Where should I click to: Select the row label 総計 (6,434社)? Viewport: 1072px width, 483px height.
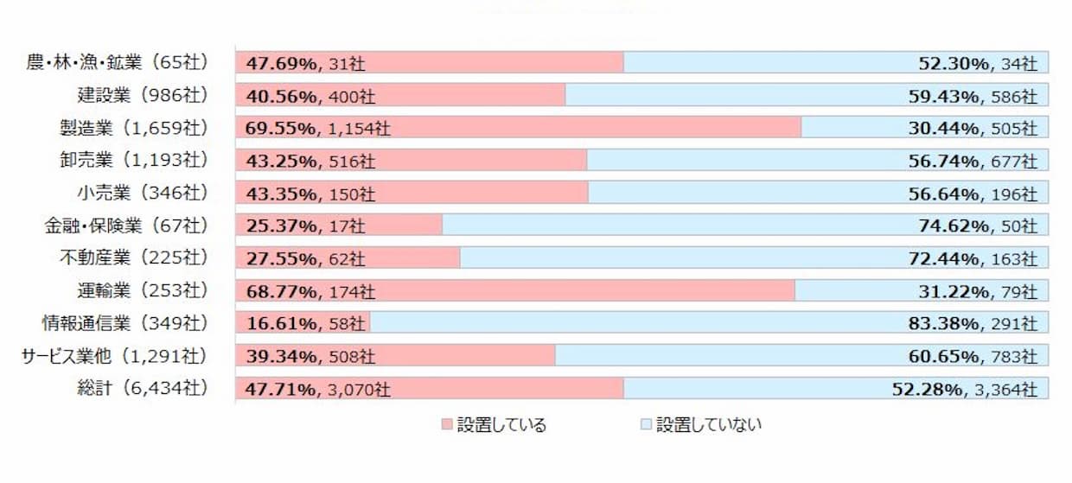tap(142, 389)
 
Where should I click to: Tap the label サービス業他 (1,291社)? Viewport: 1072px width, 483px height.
tap(115, 356)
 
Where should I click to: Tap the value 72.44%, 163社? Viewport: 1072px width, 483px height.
tap(978, 258)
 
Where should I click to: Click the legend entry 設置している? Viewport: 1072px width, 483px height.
tap(494, 424)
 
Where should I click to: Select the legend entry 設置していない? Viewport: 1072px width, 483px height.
tap(701, 424)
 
